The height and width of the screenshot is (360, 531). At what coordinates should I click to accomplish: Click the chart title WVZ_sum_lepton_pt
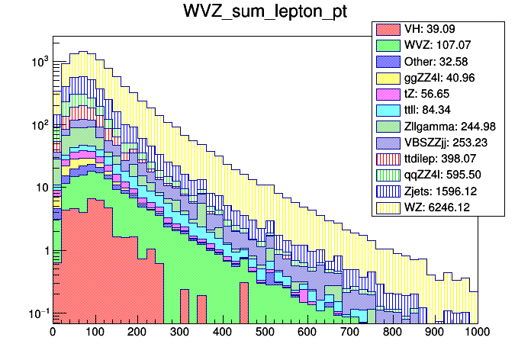click(x=265, y=13)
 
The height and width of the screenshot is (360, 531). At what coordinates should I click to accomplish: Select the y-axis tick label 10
click(x=40, y=188)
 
